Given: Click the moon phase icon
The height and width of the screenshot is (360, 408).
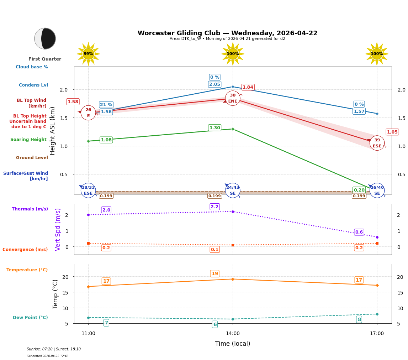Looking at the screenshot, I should [x=45, y=38].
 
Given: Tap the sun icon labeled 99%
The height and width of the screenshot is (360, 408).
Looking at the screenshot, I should [x=88, y=54].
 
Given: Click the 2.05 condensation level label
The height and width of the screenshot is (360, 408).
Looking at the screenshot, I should [x=214, y=84].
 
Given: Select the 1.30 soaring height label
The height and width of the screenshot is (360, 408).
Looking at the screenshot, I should [x=214, y=128].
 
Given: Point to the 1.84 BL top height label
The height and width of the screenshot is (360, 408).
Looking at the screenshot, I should [x=248, y=87].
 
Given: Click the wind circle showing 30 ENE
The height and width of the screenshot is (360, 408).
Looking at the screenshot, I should [x=233, y=98].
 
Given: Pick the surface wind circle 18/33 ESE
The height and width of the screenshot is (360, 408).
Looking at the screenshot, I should [x=88, y=191].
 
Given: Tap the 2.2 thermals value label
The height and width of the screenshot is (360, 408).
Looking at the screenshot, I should [x=214, y=207].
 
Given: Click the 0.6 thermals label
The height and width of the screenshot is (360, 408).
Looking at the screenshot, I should [x=359, y=232].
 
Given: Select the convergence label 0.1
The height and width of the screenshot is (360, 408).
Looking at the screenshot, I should [x=214, y=250].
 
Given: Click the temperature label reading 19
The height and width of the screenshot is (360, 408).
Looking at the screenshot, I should [x=214, y=274].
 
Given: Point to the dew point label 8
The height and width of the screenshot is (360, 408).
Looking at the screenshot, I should [x=359, y=319].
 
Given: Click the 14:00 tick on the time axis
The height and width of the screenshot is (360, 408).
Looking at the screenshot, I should [x=233, y=334].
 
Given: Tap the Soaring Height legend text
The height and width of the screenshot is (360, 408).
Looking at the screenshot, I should [x=28, y=140].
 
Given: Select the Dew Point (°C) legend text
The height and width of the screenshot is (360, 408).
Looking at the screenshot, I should [x=30, y=318].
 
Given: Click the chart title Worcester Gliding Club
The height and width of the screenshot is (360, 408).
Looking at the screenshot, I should [x=227, y=33].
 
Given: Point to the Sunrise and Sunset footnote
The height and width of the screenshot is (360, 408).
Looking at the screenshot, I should [x=54, y=349].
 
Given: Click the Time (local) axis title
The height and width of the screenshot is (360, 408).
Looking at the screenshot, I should [x=233, y=344].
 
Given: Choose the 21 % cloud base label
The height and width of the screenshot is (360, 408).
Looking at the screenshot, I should [x=106, y=105].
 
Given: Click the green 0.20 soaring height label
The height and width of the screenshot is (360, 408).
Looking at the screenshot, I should [x=359, y=190].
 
